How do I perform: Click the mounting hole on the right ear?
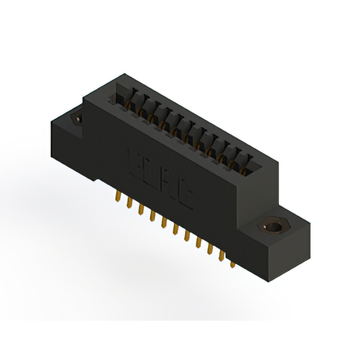pyautogui.click(x=273, y=228)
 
